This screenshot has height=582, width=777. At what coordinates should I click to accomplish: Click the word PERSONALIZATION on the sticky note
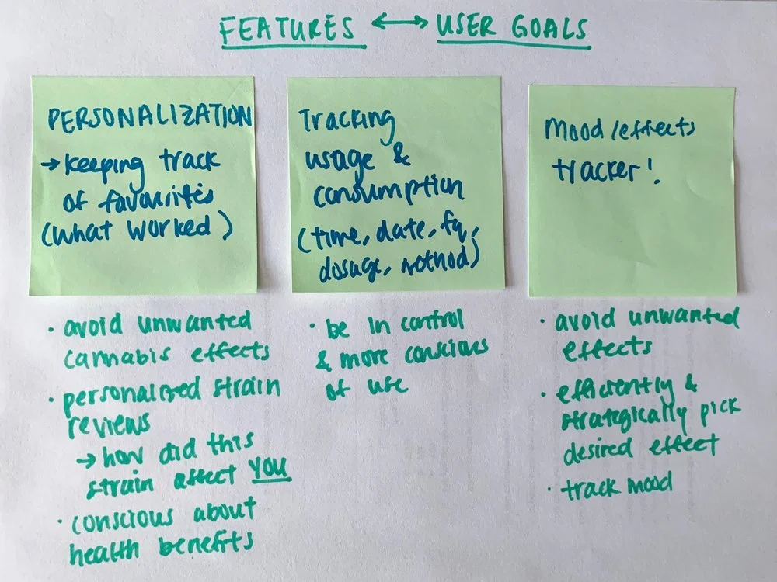pyautogui.click(x=150, y=118)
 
